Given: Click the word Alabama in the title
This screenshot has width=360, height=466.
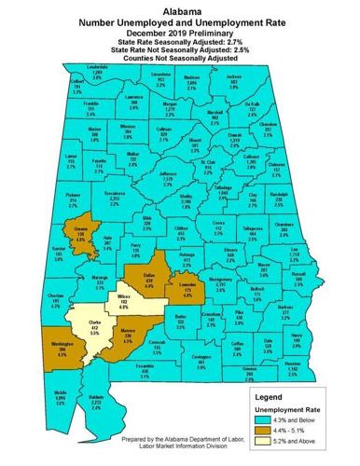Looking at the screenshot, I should [180, 6].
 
